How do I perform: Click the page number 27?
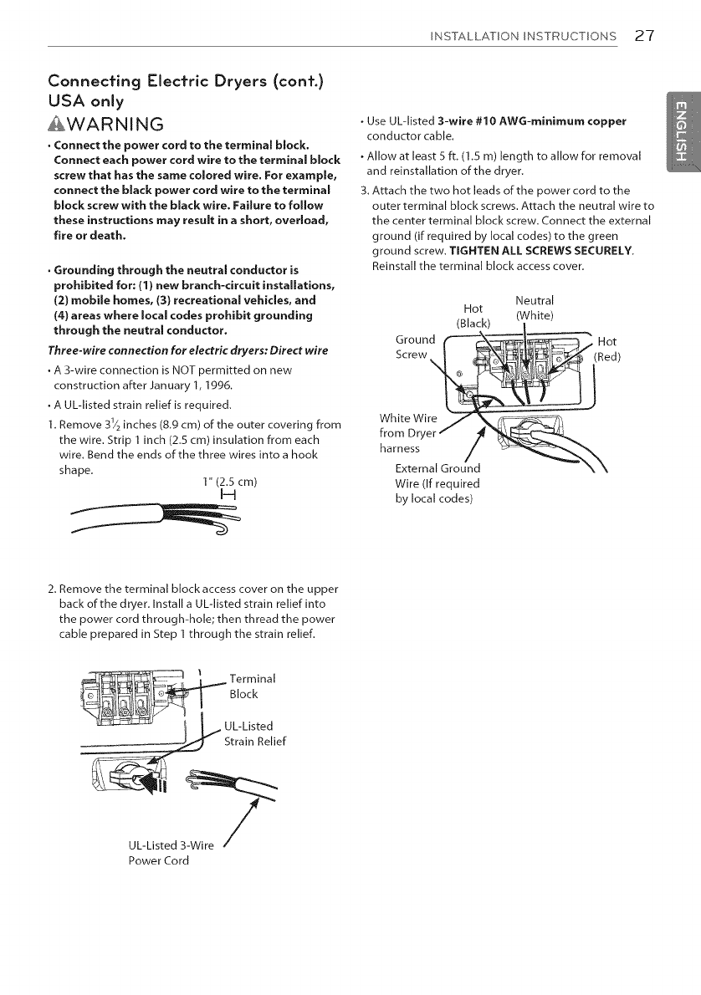tap(643, 36)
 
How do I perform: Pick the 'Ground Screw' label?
tap(414, 346)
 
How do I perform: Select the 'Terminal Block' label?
tap(246, 686)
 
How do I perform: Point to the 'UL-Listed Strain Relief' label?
tap(253, 733)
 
